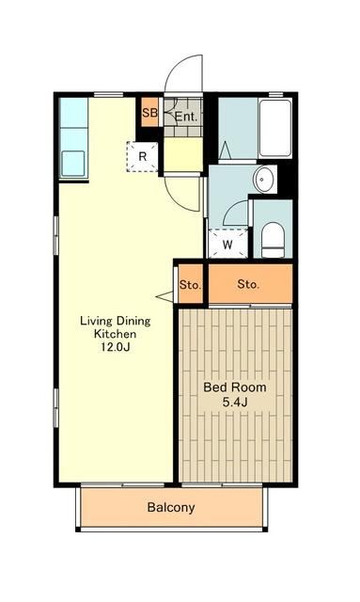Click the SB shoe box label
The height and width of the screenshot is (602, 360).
tap(149, 113)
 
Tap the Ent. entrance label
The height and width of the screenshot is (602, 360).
tap(186, 117)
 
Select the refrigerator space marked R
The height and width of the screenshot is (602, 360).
tap(142, 157)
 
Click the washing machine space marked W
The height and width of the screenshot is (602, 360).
tap(227, 245)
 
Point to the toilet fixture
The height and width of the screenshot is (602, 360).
tap(273, 240)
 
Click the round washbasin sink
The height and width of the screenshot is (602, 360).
tap(263, 180)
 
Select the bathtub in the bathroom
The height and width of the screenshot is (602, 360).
tap(274, 128)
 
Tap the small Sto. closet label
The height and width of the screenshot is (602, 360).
tap(191, 285)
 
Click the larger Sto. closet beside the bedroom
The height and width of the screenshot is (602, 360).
tap(250, 283)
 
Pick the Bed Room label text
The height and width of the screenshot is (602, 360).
tap(234, 387)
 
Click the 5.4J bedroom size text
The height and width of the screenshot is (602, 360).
tap(234, 402)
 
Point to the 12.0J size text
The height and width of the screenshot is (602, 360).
tap(115, 347)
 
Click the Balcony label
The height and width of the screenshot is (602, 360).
tap(171, 508)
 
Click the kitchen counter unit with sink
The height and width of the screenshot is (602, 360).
tap(73, 138)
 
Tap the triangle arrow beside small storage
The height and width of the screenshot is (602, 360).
tap(164, 296)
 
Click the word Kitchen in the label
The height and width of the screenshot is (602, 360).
tap(115, 334)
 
